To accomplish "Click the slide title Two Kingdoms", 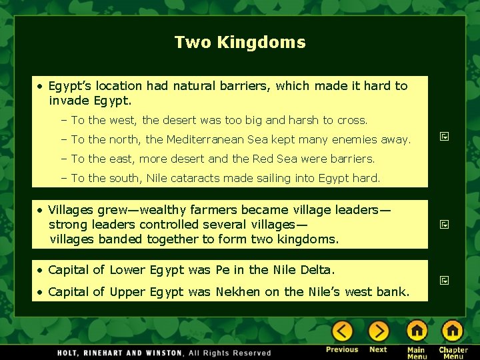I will (x=240, y=43).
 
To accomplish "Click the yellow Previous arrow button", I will (x=342, y=331).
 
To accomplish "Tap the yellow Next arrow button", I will (x=378, y=331).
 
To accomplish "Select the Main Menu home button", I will (x=417, y=331).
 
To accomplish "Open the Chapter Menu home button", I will (x=453, y=331).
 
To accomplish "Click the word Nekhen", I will (x=237, y=292).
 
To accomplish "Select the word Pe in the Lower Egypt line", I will (x=223, y=270).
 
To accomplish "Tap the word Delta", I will (x=317, y=270).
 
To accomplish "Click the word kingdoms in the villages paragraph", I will (x=309, y=239).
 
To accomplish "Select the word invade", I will (x=68, y=101).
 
